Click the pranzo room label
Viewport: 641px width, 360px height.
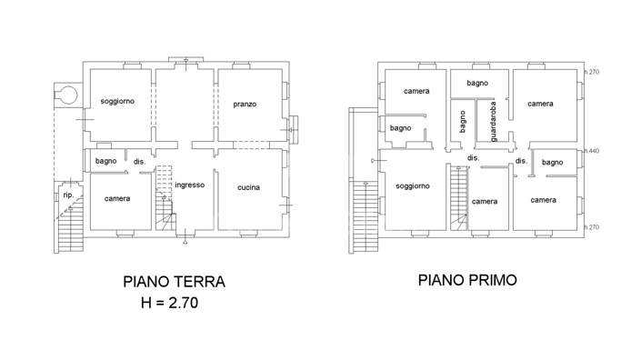(x=244, y=105)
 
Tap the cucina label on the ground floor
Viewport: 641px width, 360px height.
(x=248, y=187)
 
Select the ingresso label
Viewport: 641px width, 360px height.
(x=189, y=185)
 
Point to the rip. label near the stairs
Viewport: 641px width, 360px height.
(x=67, y=195)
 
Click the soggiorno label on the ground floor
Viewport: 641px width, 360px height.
(x=117, y=101)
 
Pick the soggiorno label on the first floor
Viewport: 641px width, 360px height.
(x=412, y=185)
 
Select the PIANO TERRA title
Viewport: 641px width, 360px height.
(x=174, y=282)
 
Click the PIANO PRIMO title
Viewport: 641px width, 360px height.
(x=467, y=280)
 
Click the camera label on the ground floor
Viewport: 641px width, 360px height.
(x=117, y=198)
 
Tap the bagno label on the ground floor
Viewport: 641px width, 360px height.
(x=105, y=161)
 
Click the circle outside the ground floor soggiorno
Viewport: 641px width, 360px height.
(x=65, y=93)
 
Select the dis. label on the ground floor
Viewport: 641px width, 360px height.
(x=139, y=162)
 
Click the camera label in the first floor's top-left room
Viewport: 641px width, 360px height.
(x=416, y=91)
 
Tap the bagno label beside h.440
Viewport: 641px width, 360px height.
(x=553, y=162)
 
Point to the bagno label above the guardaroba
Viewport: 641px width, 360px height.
(x=477, y=83)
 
